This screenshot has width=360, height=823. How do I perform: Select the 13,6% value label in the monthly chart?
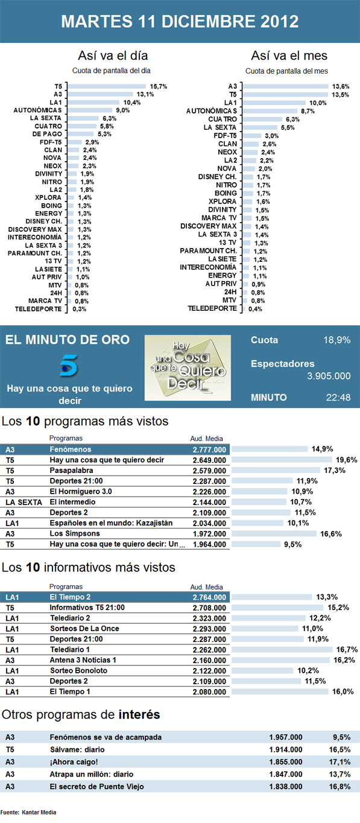click(x=341, y=86)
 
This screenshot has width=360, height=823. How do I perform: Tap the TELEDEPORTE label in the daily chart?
click(x=37, y=308)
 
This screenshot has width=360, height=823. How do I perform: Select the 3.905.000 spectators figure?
click(x=329, y=376)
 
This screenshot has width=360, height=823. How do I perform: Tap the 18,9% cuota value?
click(x=336, y=340)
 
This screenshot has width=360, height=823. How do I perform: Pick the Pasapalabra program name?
click(x=71, y=470)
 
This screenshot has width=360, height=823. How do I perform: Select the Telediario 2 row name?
click(x=70, y=618)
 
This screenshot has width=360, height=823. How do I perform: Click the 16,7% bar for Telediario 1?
click(x=282, y=649)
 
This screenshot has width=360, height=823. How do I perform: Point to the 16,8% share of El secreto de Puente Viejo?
click(x=342, y=787)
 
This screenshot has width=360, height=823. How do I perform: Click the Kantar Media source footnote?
click(x=28, y=812)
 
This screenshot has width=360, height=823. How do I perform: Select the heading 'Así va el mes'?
click(x=289, y=56)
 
